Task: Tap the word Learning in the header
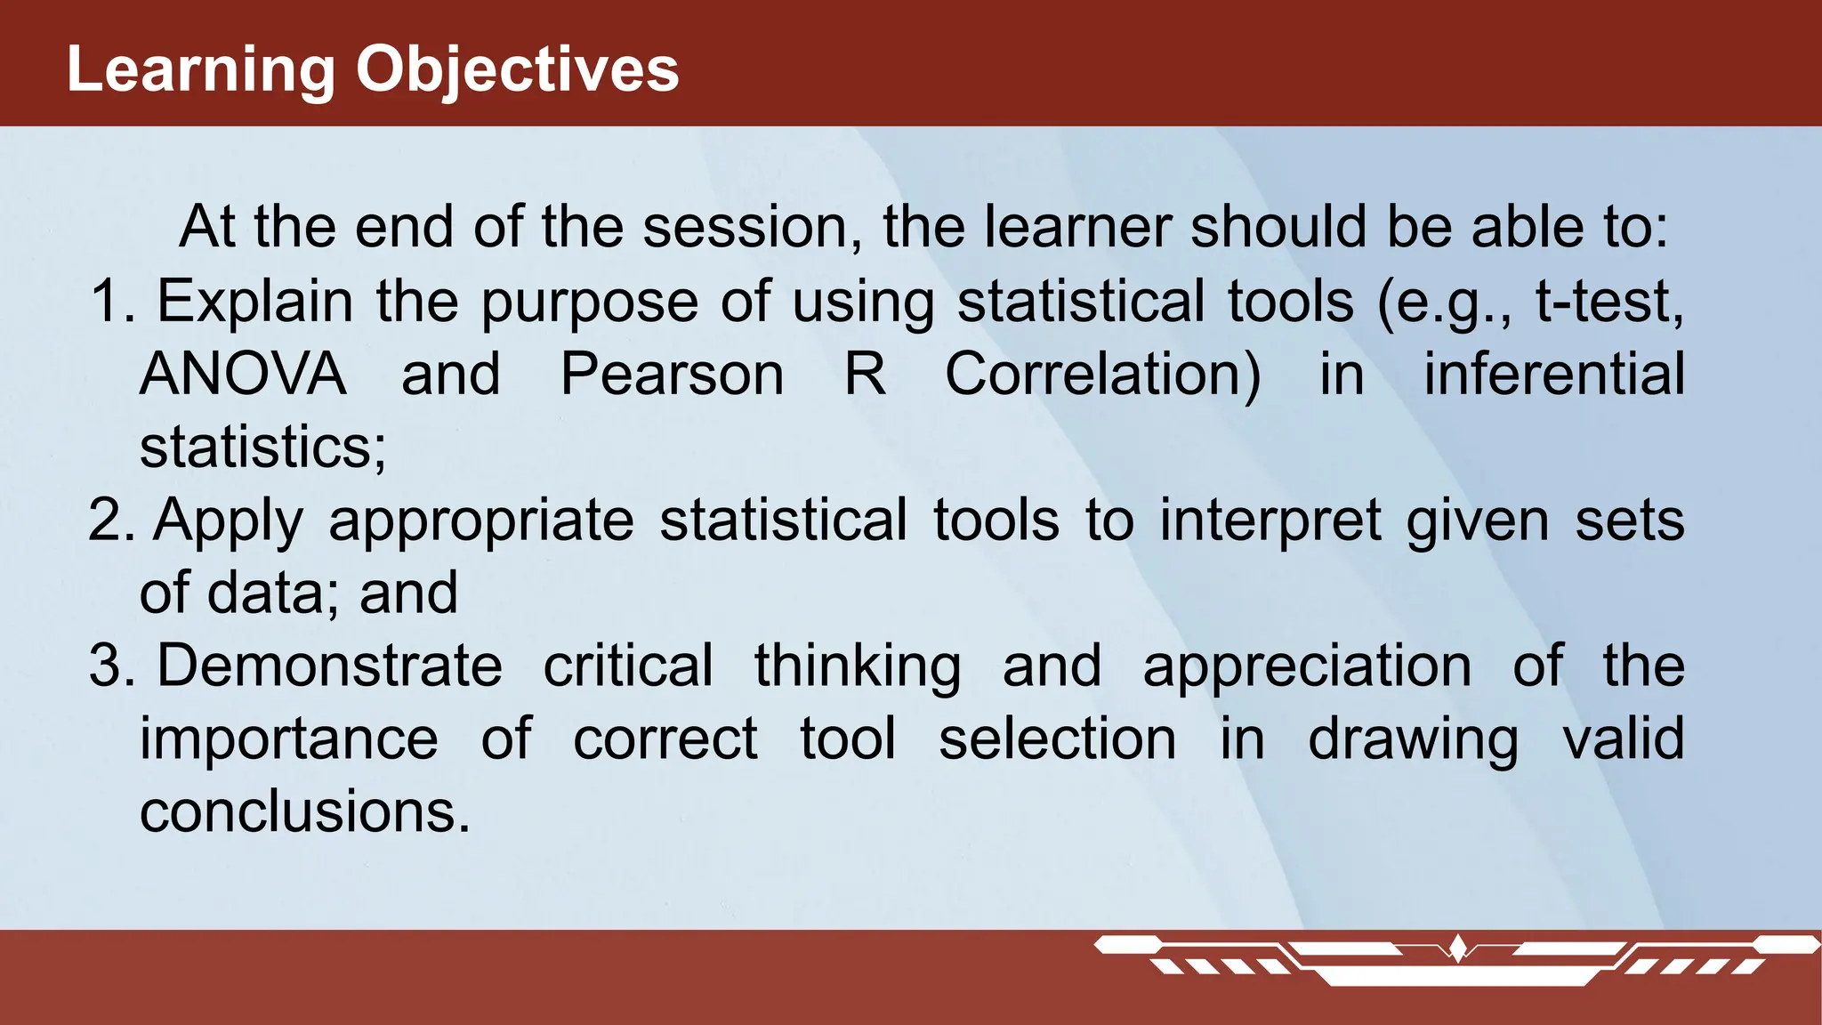201,69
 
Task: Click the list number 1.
111,301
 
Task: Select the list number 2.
110,520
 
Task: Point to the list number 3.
110,666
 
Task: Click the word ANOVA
243,374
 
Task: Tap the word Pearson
672,374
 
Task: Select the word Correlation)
1102,374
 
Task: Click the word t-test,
1609,301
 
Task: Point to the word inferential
1553,374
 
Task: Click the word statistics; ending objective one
263,447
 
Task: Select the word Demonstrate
330,666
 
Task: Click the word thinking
857,666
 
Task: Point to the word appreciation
1307,666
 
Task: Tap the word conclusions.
304,811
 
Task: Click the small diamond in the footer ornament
1457,946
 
